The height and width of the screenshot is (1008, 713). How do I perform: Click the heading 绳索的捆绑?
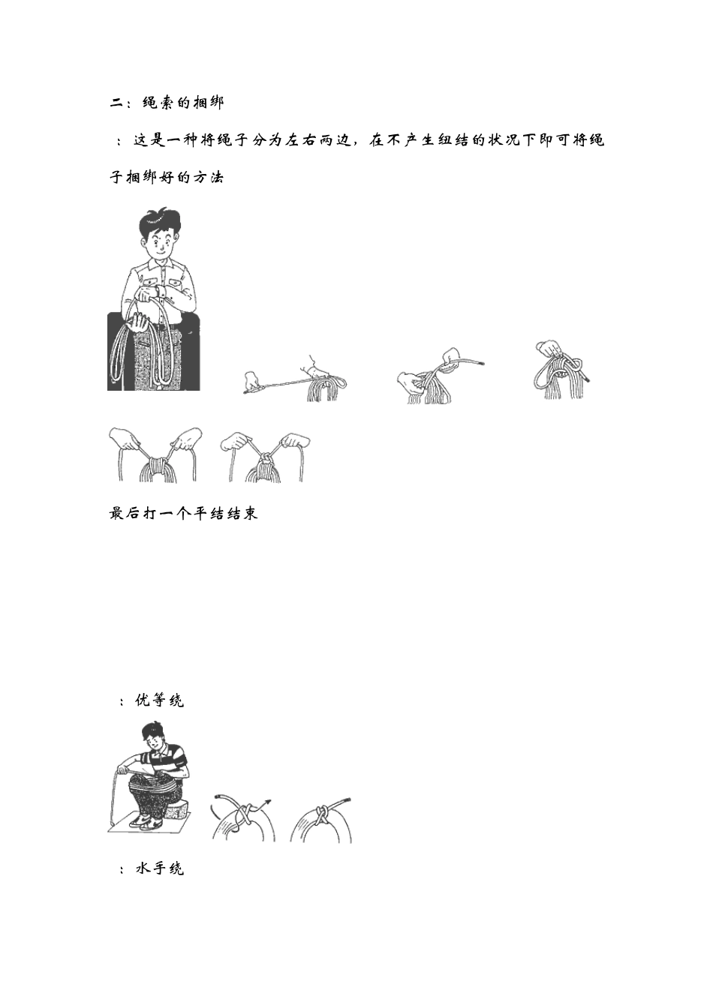click(x=183, y=103)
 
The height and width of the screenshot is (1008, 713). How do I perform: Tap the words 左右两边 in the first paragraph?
click(x=318, y=140)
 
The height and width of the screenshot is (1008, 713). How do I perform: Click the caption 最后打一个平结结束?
click(x=184, y=514)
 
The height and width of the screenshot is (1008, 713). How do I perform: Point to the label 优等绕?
click(x=159, y=700)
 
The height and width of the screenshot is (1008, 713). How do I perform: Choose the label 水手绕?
click(x=159, y=868)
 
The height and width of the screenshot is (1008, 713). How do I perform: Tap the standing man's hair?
click(x=160, y=220)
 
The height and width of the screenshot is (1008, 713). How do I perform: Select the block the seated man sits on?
click(x=178, y=810)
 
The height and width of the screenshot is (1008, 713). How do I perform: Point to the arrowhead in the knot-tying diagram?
click(x=267, y=802)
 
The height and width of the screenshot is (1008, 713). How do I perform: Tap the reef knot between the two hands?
click(x=266, y=458)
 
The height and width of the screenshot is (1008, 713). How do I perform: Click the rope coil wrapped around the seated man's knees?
click(x=154, y=787)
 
